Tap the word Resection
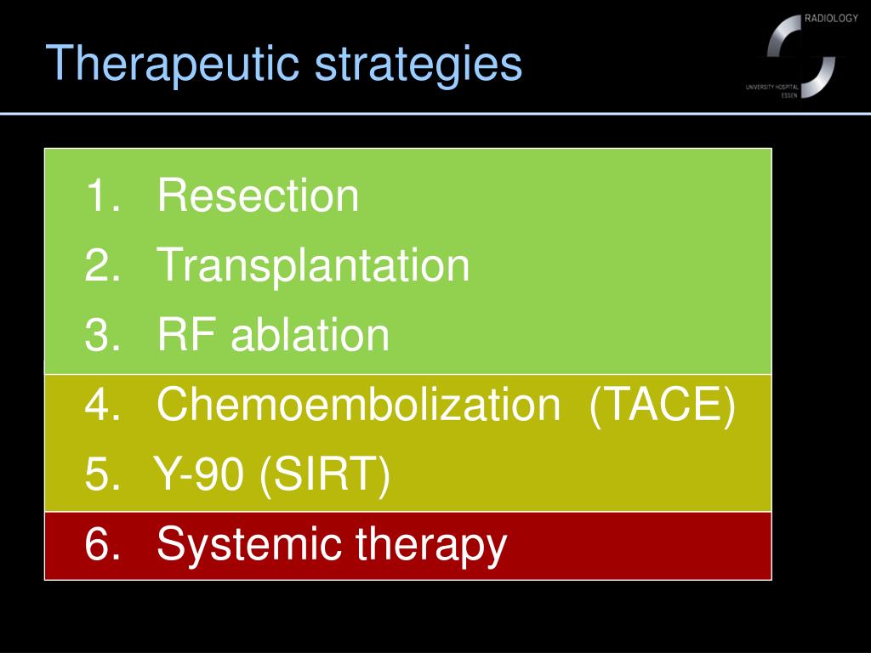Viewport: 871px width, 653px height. click(258, 196)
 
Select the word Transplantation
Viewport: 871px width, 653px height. click(313, 265)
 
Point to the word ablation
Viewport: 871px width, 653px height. click(310, 335)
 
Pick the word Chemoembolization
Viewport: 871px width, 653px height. click(358, 406)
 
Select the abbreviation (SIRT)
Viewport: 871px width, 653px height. click(326, 475)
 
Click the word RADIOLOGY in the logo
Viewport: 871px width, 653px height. click(830, 20)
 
